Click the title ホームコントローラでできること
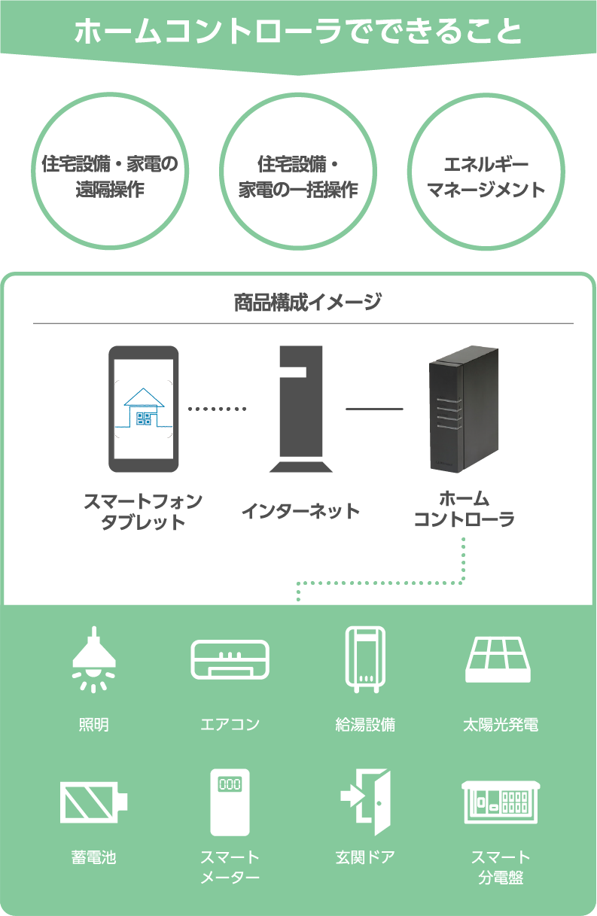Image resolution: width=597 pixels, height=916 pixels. [298, 32]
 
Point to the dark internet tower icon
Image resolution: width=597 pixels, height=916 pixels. [300, 409]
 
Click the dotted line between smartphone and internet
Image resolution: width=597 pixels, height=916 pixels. [217, 409]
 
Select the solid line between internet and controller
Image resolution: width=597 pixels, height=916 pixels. [374, 409]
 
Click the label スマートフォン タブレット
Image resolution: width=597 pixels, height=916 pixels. [143, 511]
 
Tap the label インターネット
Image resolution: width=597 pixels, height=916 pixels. [300, 512]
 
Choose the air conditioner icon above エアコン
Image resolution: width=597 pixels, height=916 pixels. [230, 659]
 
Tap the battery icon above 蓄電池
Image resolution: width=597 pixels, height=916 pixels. [93, 802]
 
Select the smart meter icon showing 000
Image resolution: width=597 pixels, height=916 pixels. [230, 802]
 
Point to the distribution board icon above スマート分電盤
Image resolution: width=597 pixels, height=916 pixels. [501, 802]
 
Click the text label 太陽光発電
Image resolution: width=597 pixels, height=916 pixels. [501, 726]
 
